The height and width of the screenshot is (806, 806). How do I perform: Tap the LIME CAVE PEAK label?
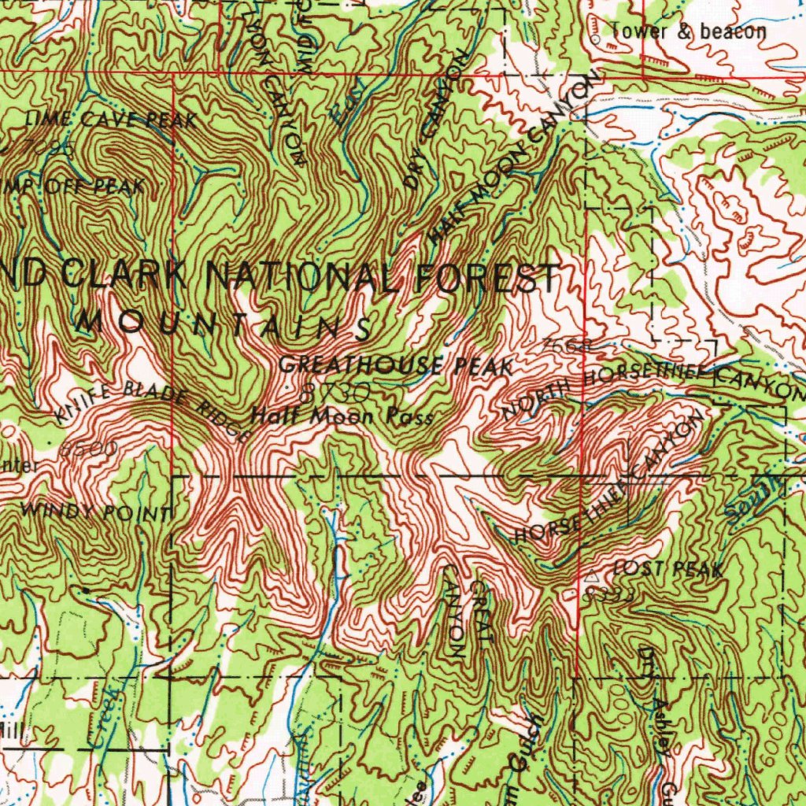pyautogui.click(x=110, y=120)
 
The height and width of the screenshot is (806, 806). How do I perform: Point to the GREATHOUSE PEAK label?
pyautogui.click(x=396, y=366)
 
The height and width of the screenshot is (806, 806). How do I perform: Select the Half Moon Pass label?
pyautogui.click(x=342, y=416)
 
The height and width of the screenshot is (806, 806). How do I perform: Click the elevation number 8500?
pyautogui.click(x=88, y=449)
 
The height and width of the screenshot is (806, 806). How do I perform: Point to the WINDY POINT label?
pyautogui.click(x=97, y=512)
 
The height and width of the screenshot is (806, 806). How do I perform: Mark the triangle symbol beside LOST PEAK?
pyautogui.click(x=593, y=578)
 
